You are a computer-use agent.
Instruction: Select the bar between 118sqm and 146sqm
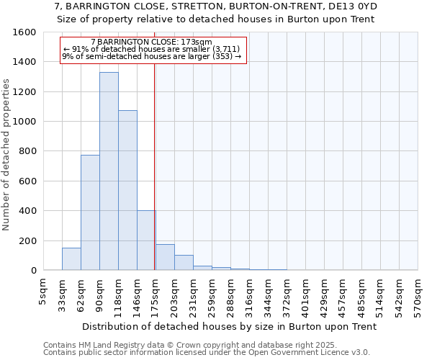tap(127, 190)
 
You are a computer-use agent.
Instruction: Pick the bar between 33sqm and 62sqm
tap(71, 259)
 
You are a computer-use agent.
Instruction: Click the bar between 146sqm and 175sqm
tap(146, 240)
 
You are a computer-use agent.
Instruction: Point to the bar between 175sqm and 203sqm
tap(165, 258)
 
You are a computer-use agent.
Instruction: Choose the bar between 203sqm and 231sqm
tap(184, 263)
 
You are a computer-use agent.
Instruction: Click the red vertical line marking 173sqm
tap(155, 158)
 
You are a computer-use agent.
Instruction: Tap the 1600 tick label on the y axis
tap(24, 32)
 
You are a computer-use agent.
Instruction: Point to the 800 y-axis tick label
tap(27, 151)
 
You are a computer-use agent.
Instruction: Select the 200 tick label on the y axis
tap(27, 240)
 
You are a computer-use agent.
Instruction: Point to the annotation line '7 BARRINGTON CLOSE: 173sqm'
tap(152, 42)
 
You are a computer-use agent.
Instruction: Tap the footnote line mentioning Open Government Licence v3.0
tap(207, 353)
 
